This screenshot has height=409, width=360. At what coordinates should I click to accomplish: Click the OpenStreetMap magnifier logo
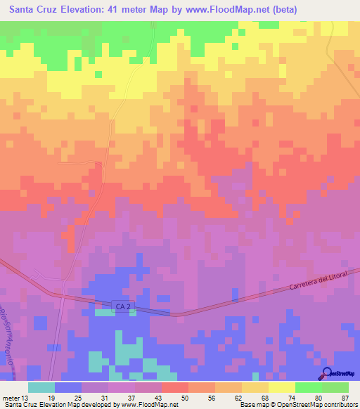pos(328,373)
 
